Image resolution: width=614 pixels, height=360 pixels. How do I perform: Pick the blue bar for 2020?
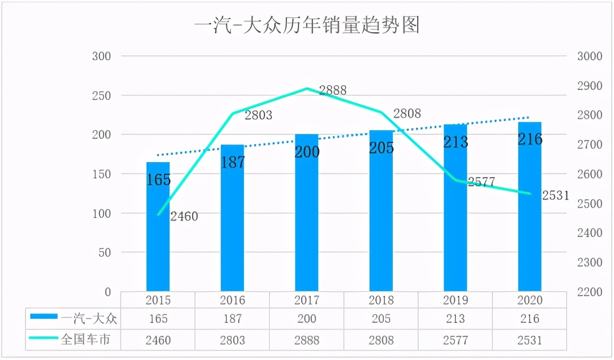click(x=530, y=212)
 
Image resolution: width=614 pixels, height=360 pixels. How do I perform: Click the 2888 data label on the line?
click(x=332, y=91)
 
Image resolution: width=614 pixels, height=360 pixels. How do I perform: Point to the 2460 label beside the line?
click(x=184, y=216)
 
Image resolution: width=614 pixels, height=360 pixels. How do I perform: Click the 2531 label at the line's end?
click(x=555, y=196)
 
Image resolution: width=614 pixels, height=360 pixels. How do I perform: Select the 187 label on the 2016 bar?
click(x=233, y=162)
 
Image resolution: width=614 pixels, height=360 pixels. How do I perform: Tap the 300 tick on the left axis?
click(x=102, y=56)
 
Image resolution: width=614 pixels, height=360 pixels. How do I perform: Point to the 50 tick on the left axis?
click(x=104, y=253)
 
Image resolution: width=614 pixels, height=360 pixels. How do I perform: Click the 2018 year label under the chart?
click(x=381, y=300)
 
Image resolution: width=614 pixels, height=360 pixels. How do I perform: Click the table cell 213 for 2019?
click(x=455, y=319)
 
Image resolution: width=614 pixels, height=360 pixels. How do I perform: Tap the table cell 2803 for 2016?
click(x=232, y=340)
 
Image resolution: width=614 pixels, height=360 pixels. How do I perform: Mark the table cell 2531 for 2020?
click(x=530, y=340)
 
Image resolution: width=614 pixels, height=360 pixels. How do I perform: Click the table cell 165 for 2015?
click(x=158, y=319)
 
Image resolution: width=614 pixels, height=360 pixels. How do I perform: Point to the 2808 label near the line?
click(x=407, y=113)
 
